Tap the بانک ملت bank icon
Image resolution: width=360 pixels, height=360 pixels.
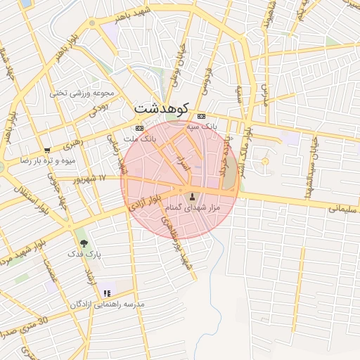[x=139, y=128]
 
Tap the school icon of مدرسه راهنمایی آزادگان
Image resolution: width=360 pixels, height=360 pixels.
[x=106, y=292]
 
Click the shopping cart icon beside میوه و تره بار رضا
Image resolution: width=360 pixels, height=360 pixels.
[x=46, y=150]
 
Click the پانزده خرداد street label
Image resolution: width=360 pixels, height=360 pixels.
[x=224, y=157]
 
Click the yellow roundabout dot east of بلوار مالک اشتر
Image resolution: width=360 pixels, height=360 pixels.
[x=265, y=162]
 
